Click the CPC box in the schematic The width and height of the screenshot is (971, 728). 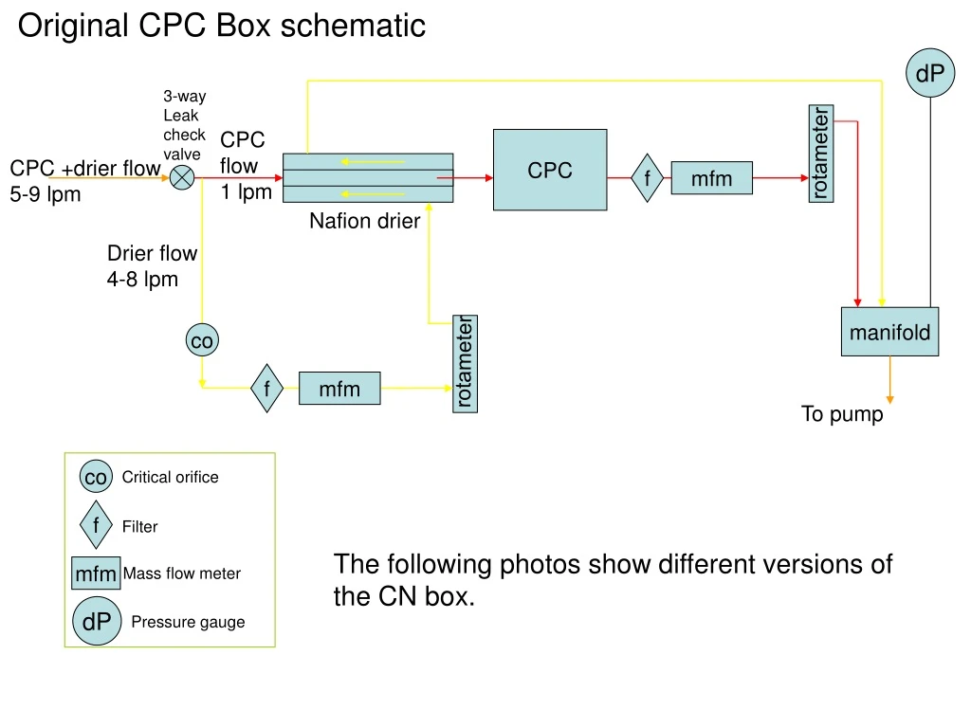click(550, 170)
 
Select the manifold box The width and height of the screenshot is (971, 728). click(889, 332)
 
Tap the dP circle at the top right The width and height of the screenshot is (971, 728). click(929, 73)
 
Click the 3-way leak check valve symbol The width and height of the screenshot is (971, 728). click(182, 177)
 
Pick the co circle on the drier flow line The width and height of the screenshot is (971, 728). click(201, 340)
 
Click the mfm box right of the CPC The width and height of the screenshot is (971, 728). click(711, 178)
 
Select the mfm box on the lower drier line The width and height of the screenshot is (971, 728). click(339, 388)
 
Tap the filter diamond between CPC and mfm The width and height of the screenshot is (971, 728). click(648, 177)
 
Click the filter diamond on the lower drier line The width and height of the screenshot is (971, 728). click(267, 388)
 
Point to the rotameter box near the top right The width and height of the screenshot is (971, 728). click(821, 154)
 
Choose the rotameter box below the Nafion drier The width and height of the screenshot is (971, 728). click(465, 363)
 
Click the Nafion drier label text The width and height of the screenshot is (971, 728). click(364, 221)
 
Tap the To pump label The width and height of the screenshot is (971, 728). click(842, 414)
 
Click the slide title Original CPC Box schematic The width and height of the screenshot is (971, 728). click(222, 26)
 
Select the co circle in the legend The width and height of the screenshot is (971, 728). click(96, 477)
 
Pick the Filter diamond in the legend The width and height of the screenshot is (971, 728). click(96, 525)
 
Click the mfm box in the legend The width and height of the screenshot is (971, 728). click(96, 573)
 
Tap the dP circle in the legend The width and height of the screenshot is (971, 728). click(96, 622)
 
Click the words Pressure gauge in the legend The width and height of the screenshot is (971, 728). click(188, 622)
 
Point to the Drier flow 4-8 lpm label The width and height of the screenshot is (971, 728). click(152, 266)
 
